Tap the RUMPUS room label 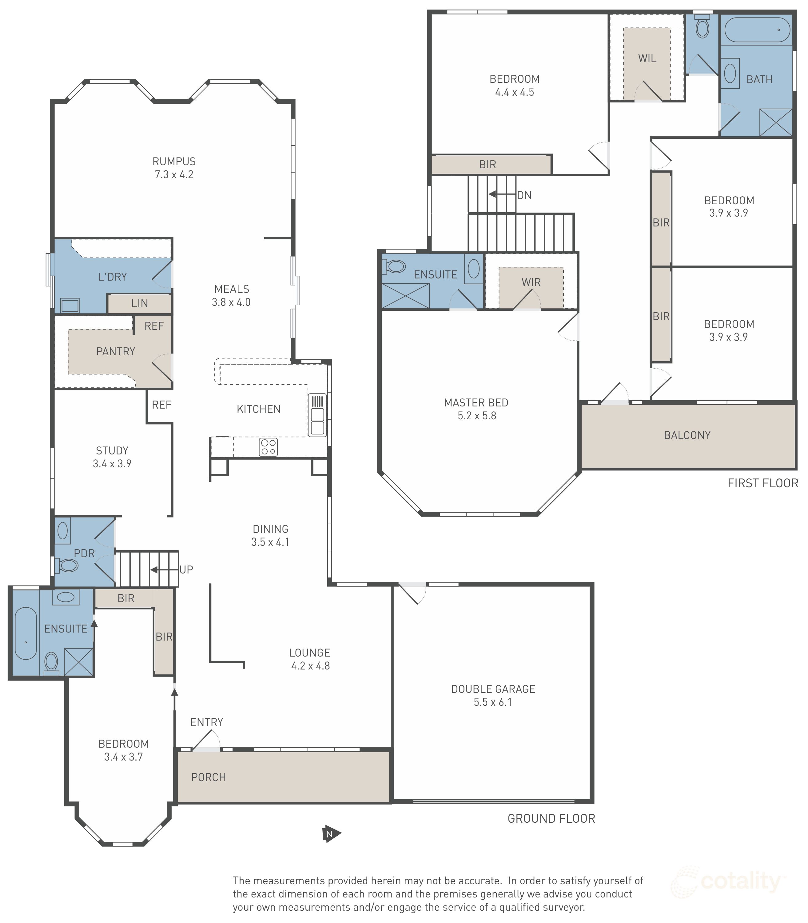[x=174, y=162]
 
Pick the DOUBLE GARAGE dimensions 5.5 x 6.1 [x=493, y=702]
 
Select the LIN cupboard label [x=139, y=303]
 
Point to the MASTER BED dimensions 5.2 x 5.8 [x=477, y=416]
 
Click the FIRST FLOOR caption [x=762, y=483]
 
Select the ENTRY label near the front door [x=206, y=722]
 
